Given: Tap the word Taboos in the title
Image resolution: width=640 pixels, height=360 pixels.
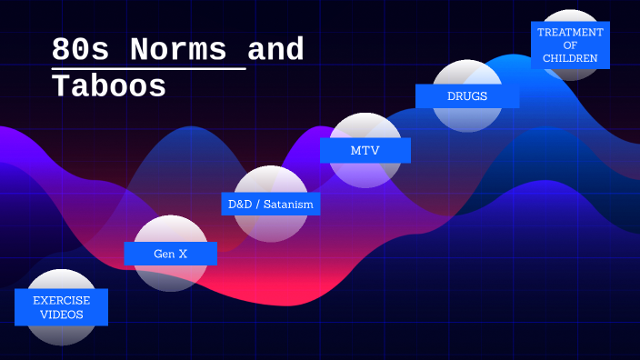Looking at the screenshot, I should (x=109, y=86).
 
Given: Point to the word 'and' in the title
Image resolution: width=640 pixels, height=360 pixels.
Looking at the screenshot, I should (x=275, y=50).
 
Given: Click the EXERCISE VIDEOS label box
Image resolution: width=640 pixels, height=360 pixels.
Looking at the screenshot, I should (x=62, y=307).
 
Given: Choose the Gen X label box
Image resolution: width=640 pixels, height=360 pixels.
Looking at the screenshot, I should (x=170, y=254).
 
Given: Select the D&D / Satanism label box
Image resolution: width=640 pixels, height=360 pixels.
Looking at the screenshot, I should (x=271, y=204).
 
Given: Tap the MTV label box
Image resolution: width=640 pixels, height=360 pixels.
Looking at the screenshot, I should (x=365, y=150).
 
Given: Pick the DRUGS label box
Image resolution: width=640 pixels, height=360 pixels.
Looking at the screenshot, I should (x=467, y=95).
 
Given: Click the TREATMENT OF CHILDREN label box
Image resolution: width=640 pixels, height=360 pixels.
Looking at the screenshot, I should (x=570, y=45).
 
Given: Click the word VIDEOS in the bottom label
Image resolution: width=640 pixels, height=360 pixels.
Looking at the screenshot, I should (x=62, y=315).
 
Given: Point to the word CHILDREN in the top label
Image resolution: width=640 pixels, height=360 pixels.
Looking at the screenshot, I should (x=570, y=58).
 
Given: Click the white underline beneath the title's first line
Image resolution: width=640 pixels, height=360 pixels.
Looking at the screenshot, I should (x=148, y=68).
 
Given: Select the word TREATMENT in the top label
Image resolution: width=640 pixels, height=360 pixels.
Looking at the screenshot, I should (x=570, y=32).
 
